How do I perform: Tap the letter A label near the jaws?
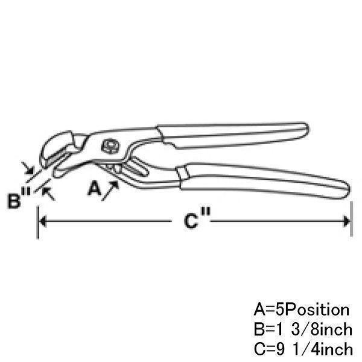94,189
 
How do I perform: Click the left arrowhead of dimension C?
43,221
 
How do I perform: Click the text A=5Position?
301,310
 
